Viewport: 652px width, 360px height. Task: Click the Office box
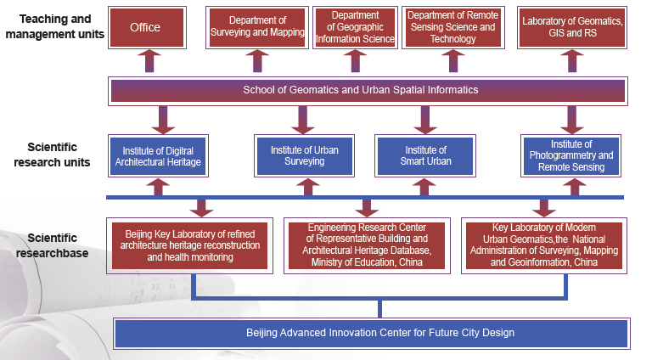pos(145,27)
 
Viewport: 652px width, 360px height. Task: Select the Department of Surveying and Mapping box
pos(257,27)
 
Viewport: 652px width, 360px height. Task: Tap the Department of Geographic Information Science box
pos(356,27)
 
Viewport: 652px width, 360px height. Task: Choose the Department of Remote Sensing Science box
pos(452,27)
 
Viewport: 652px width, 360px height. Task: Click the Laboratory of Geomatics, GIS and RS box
pos(572,27)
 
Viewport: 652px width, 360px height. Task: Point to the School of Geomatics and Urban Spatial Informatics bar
pos(368,90)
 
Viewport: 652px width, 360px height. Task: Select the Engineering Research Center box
pos(368,245)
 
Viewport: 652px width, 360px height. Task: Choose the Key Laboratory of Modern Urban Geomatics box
pos(544,245)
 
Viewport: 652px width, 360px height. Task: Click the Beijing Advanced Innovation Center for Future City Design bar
pos(370,333)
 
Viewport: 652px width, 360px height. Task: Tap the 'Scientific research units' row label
pos(53,155)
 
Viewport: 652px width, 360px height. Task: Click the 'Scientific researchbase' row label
pos(52,245)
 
